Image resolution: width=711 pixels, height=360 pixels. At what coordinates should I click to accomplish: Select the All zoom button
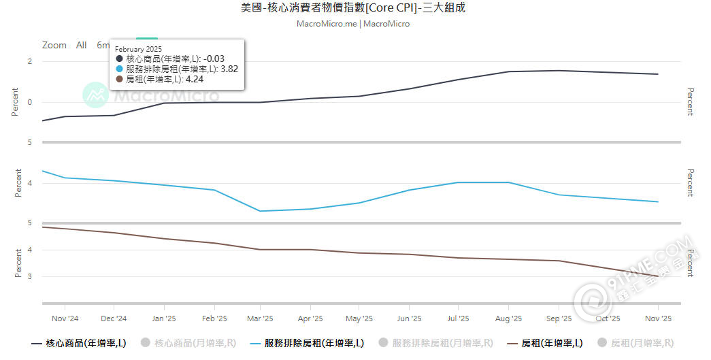81,46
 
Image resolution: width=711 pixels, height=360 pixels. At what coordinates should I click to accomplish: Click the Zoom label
54,46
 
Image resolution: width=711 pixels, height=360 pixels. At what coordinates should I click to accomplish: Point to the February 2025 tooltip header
138,49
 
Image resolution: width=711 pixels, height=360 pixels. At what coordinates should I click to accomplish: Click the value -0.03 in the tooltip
213,59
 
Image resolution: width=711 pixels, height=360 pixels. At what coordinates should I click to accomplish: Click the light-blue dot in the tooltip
119,69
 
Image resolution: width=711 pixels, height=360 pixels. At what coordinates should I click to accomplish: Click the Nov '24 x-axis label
65,318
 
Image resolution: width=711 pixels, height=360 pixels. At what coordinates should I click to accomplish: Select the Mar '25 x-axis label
259,318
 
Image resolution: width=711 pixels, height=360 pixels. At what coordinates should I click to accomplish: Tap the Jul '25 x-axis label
458,318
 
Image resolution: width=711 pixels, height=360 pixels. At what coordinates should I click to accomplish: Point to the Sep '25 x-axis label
558,318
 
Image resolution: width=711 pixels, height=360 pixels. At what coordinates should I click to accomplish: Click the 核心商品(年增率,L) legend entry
79,344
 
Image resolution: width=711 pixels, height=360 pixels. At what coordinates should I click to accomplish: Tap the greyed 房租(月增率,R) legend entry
635,344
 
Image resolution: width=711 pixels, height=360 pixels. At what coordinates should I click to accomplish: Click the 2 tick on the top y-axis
29,62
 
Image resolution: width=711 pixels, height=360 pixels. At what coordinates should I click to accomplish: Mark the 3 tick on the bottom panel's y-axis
29,276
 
